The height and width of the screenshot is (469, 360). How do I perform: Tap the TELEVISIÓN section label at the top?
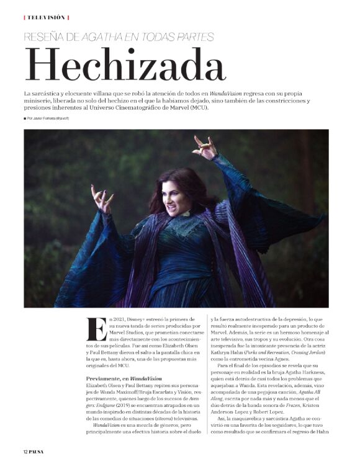coord(46,17)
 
